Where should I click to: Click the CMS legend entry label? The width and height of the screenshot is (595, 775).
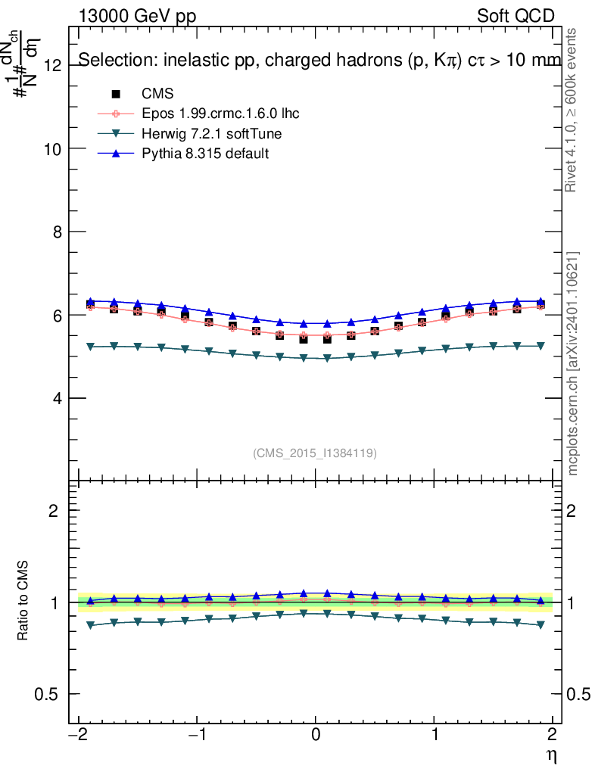157,95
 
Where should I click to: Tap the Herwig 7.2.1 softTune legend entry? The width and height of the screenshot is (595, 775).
211,134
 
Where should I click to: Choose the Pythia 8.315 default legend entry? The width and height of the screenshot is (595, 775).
205,154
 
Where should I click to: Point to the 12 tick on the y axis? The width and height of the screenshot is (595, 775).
52,65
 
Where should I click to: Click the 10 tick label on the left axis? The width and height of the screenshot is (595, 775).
52,148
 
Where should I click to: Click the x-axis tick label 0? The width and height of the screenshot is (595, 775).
316,735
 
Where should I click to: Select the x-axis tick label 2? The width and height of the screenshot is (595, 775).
553,735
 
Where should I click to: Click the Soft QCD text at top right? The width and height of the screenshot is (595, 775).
516,16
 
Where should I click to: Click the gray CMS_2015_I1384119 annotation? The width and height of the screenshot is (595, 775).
315,453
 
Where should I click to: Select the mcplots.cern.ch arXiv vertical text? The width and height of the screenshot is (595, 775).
573,363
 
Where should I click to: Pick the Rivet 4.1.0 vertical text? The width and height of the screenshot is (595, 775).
573,110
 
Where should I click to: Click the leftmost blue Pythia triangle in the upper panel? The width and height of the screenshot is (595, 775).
91,301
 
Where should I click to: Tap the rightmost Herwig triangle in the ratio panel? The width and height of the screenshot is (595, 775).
540,625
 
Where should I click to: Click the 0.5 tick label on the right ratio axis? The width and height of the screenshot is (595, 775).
578,694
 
